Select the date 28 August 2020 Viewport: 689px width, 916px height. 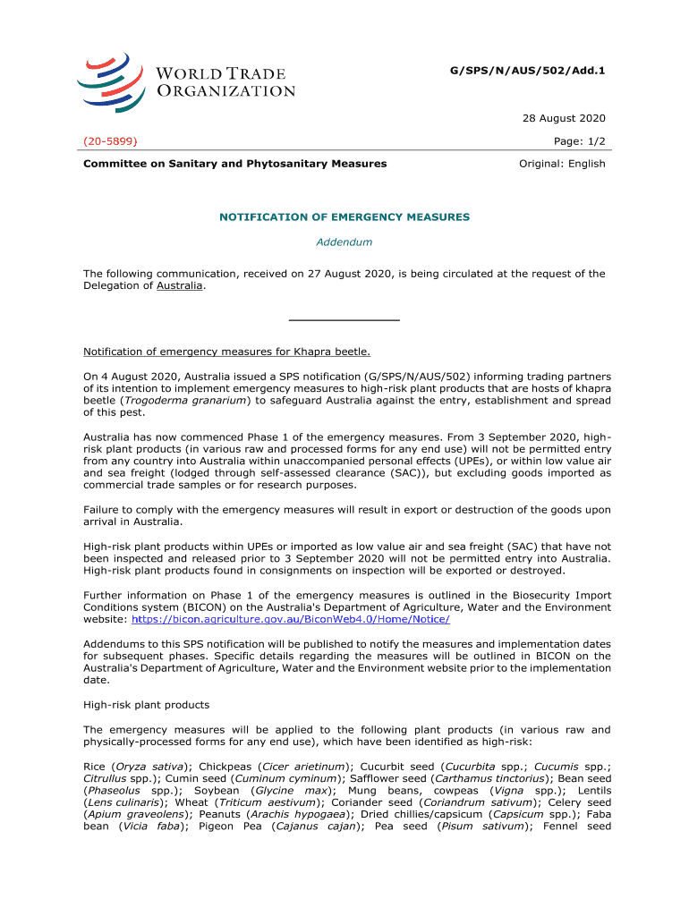tap(564, 118)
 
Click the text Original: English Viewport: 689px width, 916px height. tap(562, 164)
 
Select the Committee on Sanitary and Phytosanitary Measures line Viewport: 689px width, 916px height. tap(234, 164)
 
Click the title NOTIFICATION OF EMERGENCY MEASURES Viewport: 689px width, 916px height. tap(344, 217)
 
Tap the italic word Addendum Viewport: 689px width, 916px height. tap(344, 242)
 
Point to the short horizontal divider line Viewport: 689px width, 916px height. tap(344, 320)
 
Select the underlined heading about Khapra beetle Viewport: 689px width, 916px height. tap(226, 352)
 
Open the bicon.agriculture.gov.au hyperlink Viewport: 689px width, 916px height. tap(290, 619)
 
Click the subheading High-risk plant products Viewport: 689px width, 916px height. tap(146, 705)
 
